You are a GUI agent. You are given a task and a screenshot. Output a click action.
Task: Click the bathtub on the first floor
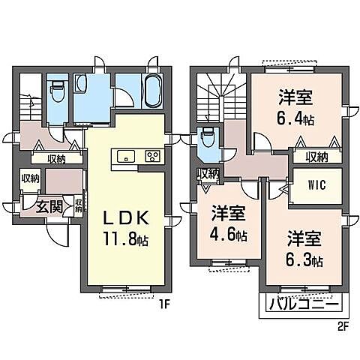coord(152,91)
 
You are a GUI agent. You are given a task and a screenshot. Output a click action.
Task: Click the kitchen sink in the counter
coord(125,156)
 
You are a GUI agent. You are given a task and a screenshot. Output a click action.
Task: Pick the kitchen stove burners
coord(152,157)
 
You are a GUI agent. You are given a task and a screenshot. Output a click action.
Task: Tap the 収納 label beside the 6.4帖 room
coord(316,157)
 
